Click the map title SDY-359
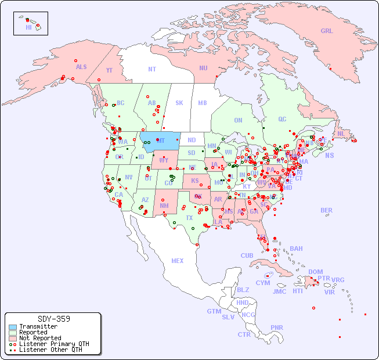(53, 319)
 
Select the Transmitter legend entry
(38, 326)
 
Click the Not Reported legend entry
(39, 338)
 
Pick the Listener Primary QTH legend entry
(53, 344)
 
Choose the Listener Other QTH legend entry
(50, 350)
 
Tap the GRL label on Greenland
(327, 31)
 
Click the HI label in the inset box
(28, 27)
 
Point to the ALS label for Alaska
(81, 67)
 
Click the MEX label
(178, 261)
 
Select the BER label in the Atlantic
(327, 210)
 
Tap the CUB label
(247, 255)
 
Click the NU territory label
(203, 68)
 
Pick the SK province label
(179, 103)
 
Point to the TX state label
(189, 218)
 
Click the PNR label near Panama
(277, 327)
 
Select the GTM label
(214, 311)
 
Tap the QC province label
(282, 119)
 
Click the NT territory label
(152, 69)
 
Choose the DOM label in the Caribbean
(315, 272)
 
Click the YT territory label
(109, 70)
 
